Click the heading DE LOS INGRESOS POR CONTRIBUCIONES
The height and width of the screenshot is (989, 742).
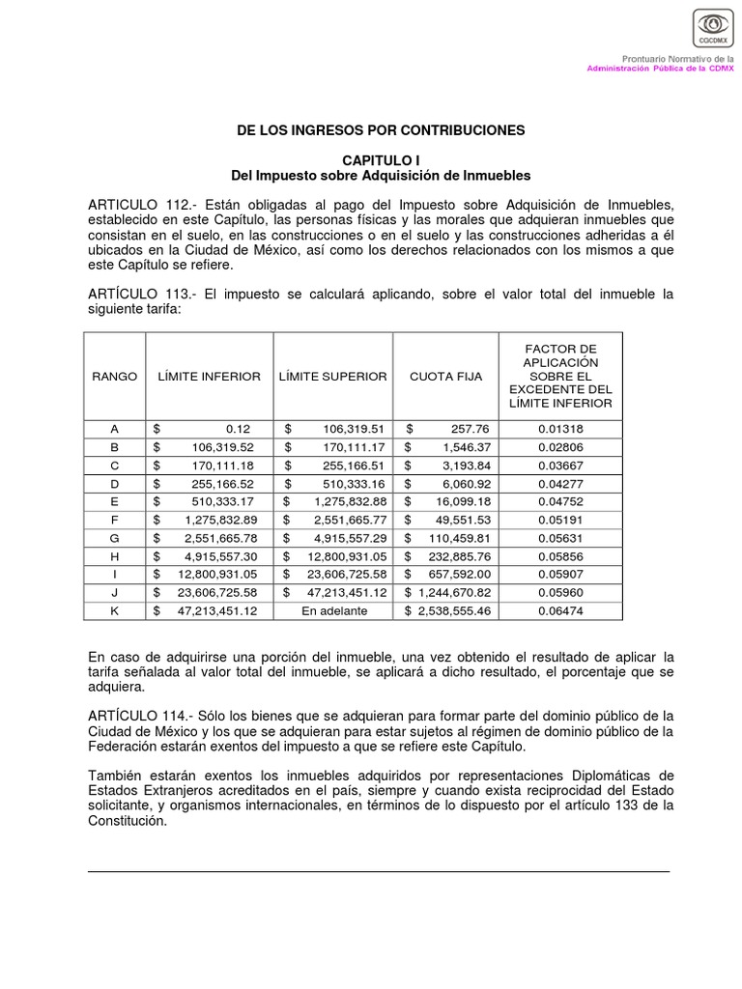381,129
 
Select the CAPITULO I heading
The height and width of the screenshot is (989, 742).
381,159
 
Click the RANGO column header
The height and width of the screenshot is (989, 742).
115,376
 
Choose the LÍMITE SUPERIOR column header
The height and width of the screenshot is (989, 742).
332,376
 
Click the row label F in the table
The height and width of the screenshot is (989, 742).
115,519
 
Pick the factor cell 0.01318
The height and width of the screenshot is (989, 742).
560,429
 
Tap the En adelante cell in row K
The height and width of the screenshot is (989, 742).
332,610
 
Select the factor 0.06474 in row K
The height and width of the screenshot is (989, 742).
560,610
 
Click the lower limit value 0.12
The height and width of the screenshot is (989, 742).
237,429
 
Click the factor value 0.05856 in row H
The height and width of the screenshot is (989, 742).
560,555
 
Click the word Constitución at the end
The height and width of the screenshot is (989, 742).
128,822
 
